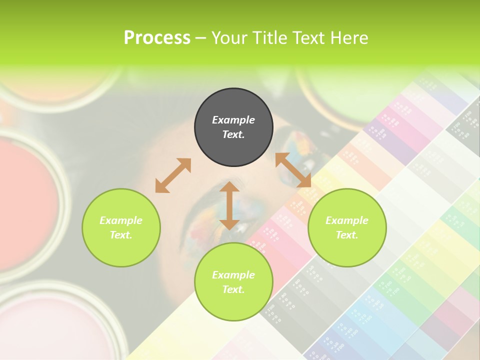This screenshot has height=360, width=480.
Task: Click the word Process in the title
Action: (x=157, y=38)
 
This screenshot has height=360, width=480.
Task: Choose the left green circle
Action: (x=121, y=227)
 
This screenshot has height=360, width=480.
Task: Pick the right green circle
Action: (x=347, y=227)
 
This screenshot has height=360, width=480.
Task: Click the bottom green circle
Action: (x=233, y=281)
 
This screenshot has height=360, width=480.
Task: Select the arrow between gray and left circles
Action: (x=173, y=175)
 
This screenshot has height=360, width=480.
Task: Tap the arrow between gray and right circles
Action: (x=293, y=170)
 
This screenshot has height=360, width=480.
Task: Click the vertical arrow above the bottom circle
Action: (x=229, y=205)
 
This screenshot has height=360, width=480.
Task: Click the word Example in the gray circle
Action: (x=233, y=120)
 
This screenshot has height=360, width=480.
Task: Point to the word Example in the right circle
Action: (x=347, y=220)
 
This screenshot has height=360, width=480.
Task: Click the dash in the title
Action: (x=201, y=38)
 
